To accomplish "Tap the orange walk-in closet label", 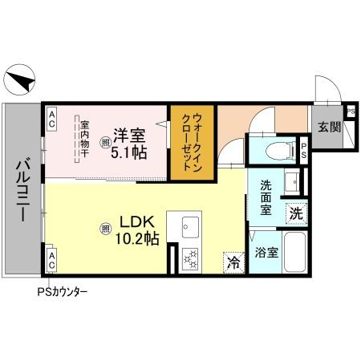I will [x=190, y=142].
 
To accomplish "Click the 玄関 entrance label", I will [x=328, y=127].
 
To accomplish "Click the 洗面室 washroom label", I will [x=266, y=198].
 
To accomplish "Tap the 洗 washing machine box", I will [x=296, y=214].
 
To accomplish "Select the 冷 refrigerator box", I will [x=233, y=262].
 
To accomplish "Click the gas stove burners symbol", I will [x=192, y=258].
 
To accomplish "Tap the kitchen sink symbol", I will [x=192, y=226].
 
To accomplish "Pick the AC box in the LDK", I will [x=51, y=261].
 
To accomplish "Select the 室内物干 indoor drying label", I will [x=83, y=140].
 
